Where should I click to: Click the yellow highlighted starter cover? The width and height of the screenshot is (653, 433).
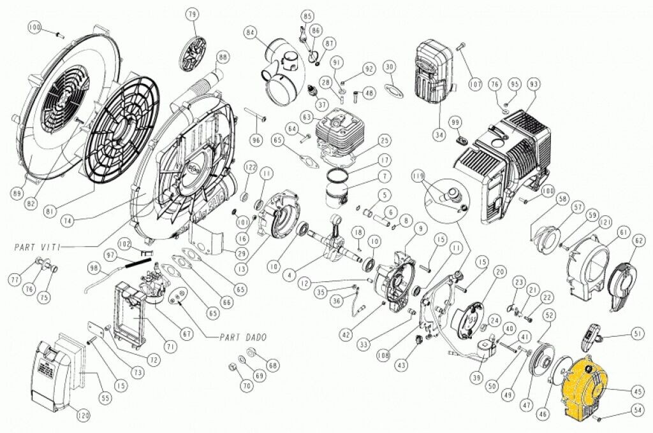click(583, 389)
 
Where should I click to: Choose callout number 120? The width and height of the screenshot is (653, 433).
click(84, 417)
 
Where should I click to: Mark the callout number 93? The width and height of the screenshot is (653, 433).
click(534, 84)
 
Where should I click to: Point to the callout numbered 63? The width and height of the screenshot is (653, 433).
click(307, 117)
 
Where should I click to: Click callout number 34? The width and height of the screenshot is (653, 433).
click(439, 135)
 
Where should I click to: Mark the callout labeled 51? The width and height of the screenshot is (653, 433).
click(638, 332)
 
